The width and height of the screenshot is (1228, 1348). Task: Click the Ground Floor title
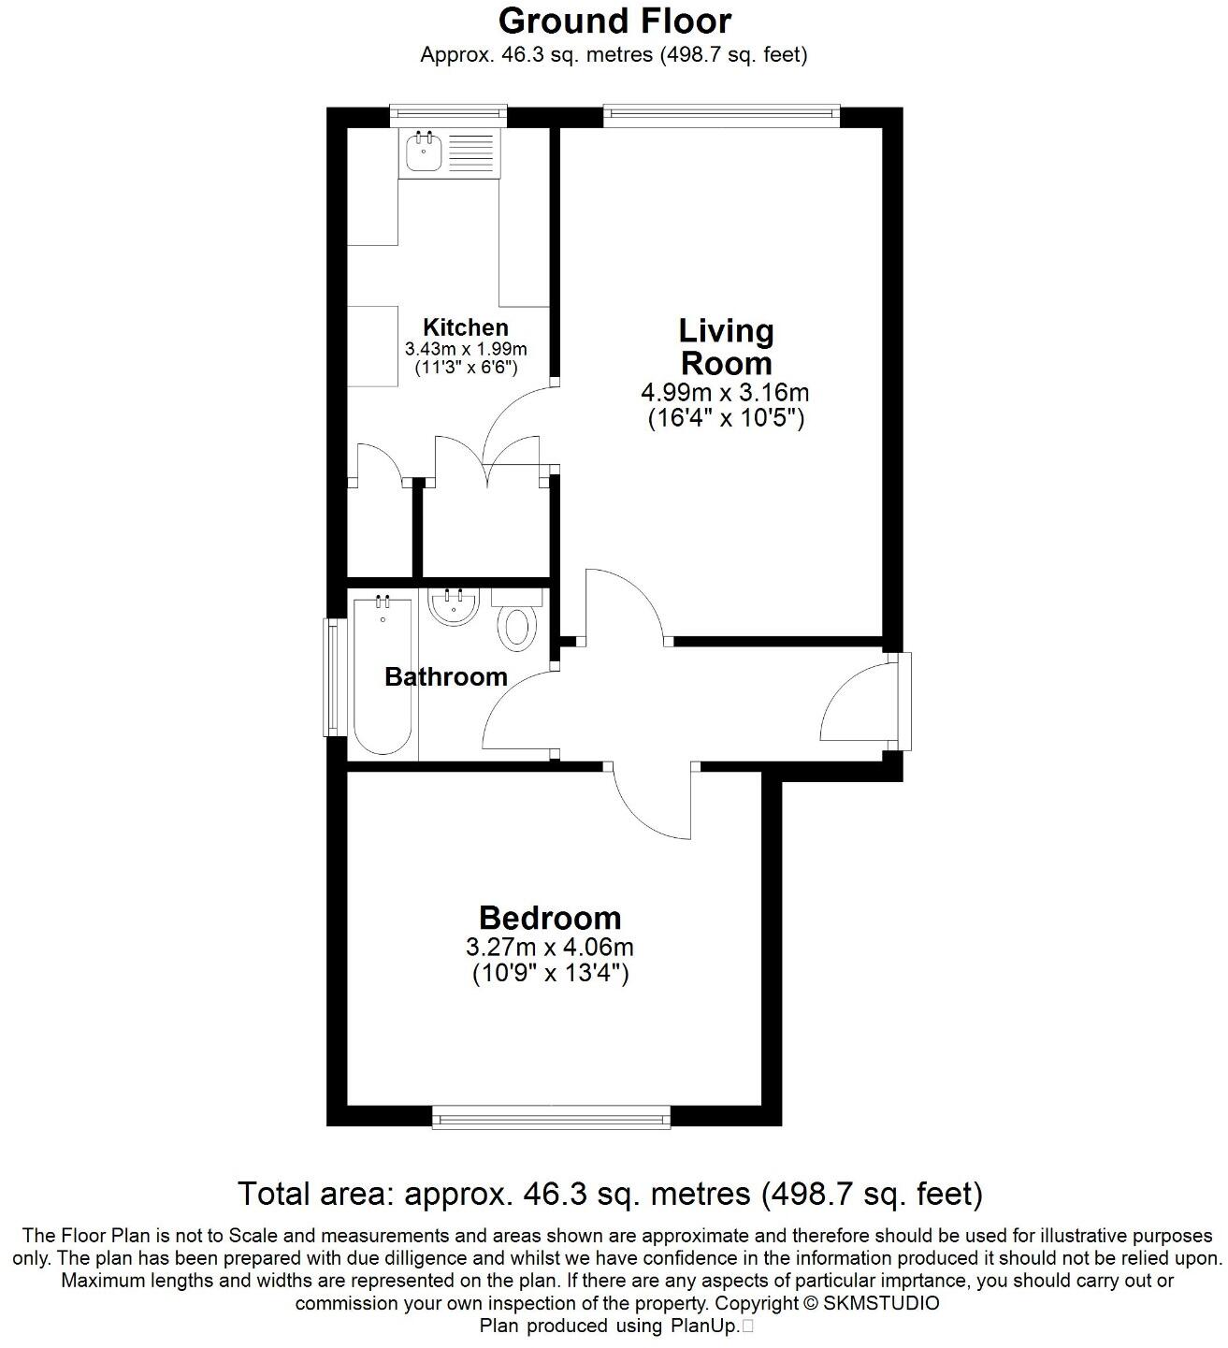(614, 21)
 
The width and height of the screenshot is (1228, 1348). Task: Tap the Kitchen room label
(465, 327)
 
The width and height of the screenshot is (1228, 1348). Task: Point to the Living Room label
(726, 347)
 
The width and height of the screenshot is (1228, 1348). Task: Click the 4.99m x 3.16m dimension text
(725, 391)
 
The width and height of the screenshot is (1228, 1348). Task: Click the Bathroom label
(445, 676)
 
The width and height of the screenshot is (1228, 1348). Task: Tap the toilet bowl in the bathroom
(517, 629)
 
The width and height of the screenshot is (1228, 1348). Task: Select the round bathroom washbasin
(453, 605)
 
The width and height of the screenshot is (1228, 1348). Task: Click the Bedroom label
(550, 918)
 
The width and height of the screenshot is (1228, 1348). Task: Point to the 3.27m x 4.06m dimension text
(550, 948)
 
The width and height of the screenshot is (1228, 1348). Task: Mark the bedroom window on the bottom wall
(551, 1118)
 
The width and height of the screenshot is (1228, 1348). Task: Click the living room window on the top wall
(721, 116)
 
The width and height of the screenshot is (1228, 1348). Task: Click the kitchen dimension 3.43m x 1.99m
(465, 349)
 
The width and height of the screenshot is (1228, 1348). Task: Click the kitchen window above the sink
(448, 116)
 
